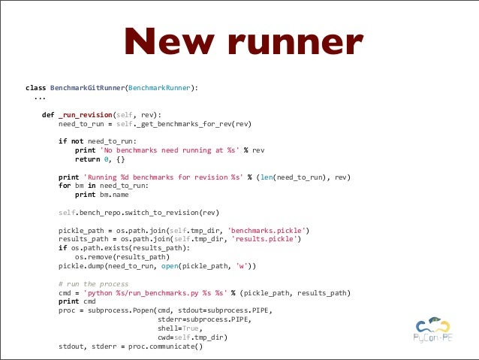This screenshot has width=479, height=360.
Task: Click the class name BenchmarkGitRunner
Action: (86, 88)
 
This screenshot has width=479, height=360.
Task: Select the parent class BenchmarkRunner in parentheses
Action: (161, 88)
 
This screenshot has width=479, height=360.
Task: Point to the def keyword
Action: (47, 114)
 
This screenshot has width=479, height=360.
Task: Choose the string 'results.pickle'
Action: (267, 238)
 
